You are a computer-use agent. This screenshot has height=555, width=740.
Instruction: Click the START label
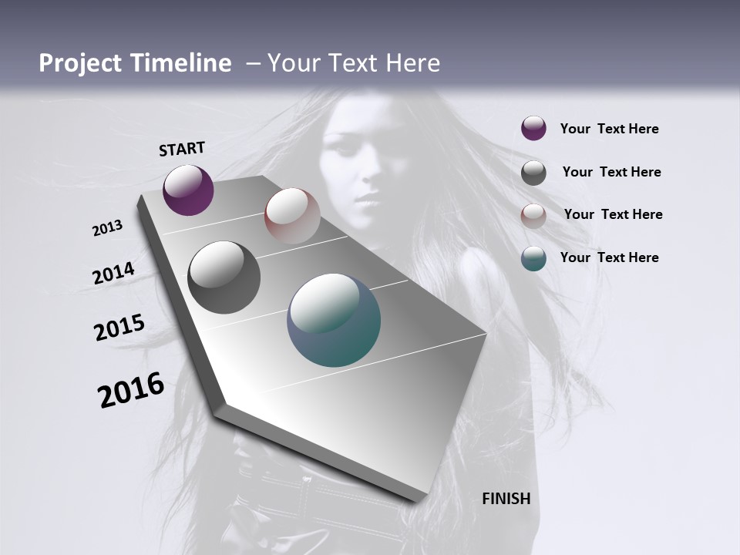(x=182, y=149)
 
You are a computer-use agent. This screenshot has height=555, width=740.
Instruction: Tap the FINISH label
(x=506, y=499)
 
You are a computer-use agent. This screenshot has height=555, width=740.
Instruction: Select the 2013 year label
(x=108, y=228)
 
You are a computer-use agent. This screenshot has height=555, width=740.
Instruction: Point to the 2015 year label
(x=119, y=328)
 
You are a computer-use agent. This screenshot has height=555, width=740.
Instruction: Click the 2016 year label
(x=131, y=390)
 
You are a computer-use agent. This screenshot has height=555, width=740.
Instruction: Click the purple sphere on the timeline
(x=188, y=190)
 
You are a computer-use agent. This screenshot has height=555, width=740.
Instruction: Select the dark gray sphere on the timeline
(x=224, y=277)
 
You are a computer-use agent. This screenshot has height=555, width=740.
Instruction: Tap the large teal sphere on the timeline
(x=334, y=320)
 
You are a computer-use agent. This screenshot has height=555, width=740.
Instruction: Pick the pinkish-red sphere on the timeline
(x=292, y=216)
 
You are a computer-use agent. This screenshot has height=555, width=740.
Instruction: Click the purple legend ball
(x=533, y=128)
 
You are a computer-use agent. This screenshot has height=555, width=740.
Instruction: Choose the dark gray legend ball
(x=533, y=173)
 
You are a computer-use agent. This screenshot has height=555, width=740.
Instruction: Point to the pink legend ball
(x=533, y=215)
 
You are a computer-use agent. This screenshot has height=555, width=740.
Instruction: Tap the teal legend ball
(x=533, y=258)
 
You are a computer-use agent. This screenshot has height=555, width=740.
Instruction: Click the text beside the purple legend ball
(x=609, y=129)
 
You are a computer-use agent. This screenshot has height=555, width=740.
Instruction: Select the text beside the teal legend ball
(x=609, y=257)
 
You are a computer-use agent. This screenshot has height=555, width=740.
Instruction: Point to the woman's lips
(x=365, y=202)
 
